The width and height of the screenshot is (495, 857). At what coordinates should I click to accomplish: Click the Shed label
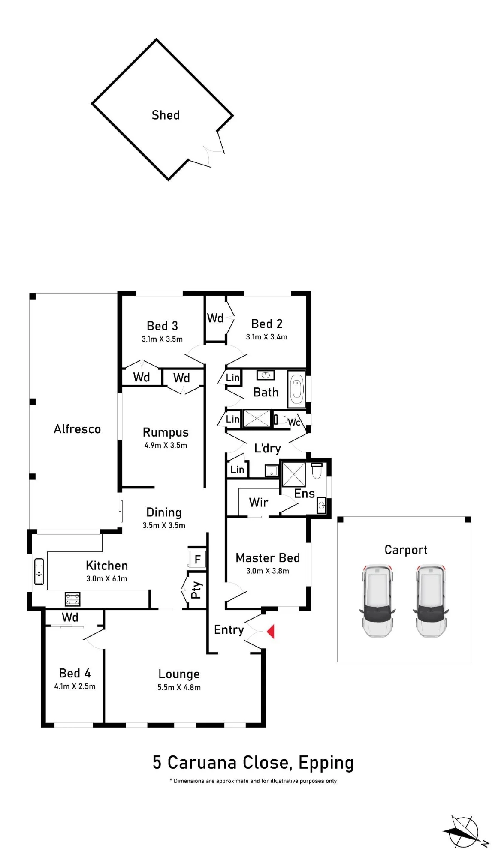166,115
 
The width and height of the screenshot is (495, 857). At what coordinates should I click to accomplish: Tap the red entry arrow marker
271,631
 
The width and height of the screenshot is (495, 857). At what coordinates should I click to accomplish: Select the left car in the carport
377,600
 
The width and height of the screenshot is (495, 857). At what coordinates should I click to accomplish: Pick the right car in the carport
431,600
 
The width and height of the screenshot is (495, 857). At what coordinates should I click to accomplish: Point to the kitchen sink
39,572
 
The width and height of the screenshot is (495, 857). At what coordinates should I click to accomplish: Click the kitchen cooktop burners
72,599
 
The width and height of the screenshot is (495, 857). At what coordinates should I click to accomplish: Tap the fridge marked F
197,559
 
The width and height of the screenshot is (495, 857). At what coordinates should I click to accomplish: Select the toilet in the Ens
317,470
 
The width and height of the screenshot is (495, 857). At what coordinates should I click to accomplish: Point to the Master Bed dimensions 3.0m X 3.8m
268,571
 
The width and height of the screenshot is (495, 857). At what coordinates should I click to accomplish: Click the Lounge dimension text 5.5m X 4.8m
179,687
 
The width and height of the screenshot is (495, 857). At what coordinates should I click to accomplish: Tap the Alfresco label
77,429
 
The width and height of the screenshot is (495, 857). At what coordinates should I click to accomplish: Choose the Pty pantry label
196,590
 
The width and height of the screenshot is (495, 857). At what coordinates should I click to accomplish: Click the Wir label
259,502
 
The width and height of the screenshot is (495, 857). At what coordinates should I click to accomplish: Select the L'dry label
267,448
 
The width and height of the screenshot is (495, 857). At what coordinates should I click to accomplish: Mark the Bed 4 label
75,673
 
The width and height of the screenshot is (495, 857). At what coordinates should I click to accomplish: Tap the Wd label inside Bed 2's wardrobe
215,318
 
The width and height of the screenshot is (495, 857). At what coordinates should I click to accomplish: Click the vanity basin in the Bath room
266,375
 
